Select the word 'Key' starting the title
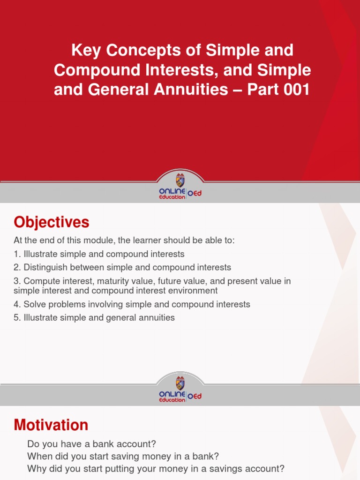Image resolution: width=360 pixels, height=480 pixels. pos(84,50)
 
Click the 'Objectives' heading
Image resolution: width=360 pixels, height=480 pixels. pos(52,222)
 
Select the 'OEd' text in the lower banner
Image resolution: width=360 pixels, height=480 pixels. pos(195,397)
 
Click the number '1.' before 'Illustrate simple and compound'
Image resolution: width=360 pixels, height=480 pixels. pos(17,254)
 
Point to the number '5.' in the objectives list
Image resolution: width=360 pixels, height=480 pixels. pos(17,318)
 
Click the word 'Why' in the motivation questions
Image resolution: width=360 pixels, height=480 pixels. pos(36,469)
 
